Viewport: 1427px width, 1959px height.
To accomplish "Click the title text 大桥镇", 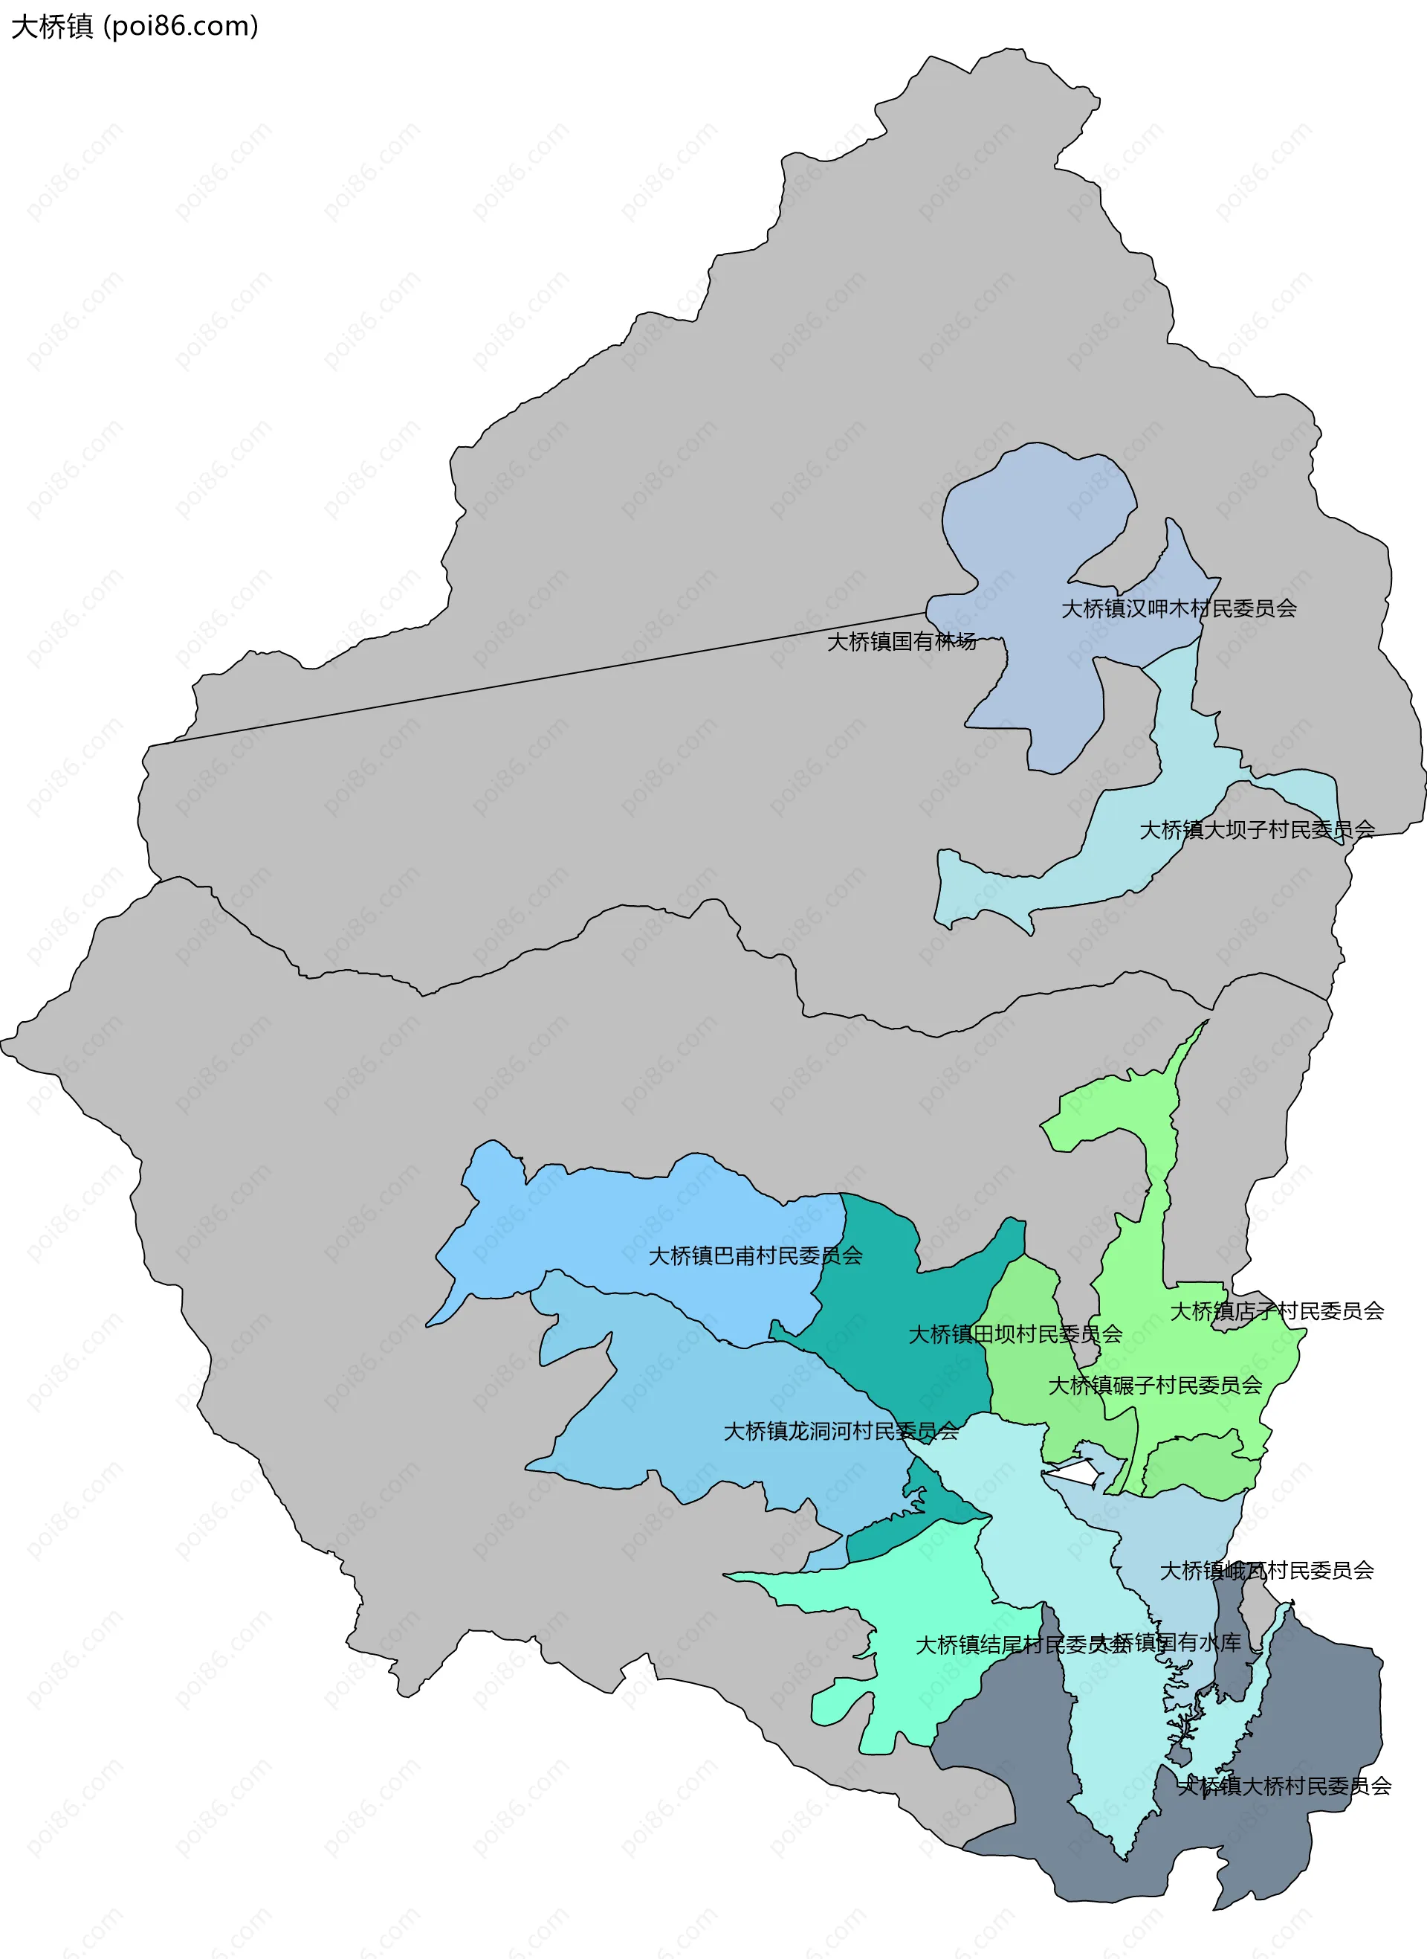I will point(52,27).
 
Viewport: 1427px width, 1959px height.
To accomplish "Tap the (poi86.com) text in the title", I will point(181,27).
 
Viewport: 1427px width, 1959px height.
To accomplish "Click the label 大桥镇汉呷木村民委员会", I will point(1178,608).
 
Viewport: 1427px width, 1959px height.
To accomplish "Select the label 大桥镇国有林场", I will point(901,641).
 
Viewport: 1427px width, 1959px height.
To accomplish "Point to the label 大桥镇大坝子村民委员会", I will point(1257,829).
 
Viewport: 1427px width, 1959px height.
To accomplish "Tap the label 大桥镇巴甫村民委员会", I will point(755,1255).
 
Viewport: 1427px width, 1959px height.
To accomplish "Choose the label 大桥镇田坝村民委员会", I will point(1015,1334).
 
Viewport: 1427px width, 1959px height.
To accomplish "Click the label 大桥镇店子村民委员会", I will point(1277,1311).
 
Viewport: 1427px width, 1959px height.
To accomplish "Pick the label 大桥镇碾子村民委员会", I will point(1155,1386).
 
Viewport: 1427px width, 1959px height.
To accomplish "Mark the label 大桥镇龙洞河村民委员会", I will point(841,1431).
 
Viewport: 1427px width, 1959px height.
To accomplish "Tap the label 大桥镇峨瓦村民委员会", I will point(1266,1570).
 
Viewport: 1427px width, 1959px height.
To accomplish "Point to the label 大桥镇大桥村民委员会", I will point(1284,1786).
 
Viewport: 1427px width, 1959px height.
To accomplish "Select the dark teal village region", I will point(907,1296).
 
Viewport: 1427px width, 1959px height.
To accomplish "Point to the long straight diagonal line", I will point(536,679).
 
